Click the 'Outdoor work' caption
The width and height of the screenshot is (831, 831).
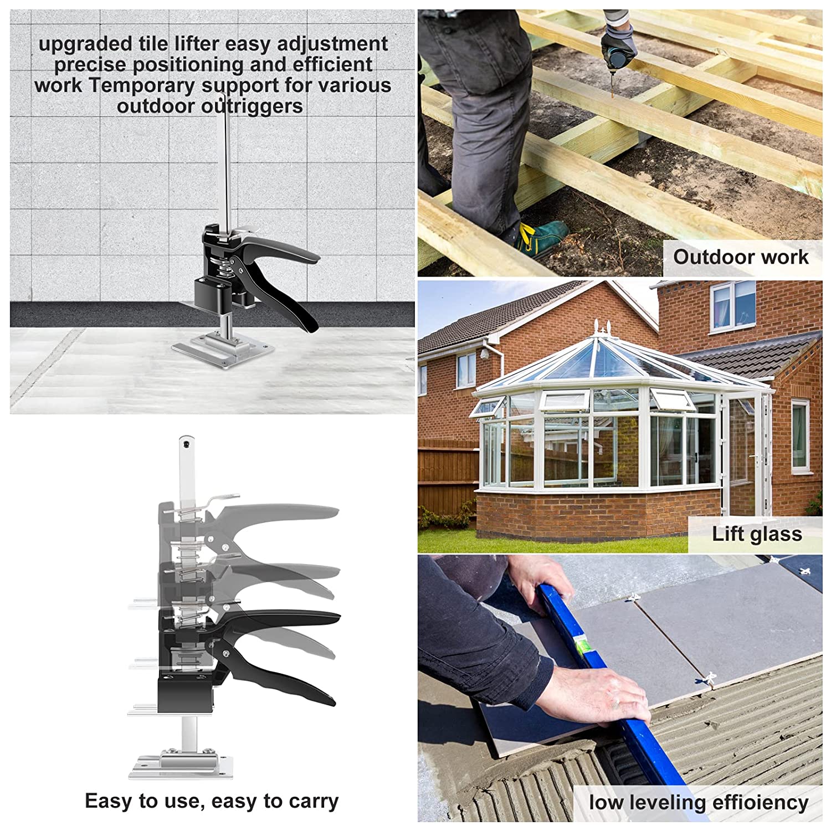point(741,257)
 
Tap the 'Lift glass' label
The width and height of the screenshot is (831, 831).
point(757,534)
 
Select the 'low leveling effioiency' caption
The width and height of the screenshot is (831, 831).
point(699,802)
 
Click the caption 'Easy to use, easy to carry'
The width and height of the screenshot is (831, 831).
point(212,801)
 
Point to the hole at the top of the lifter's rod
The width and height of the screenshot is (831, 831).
point(187,443)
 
